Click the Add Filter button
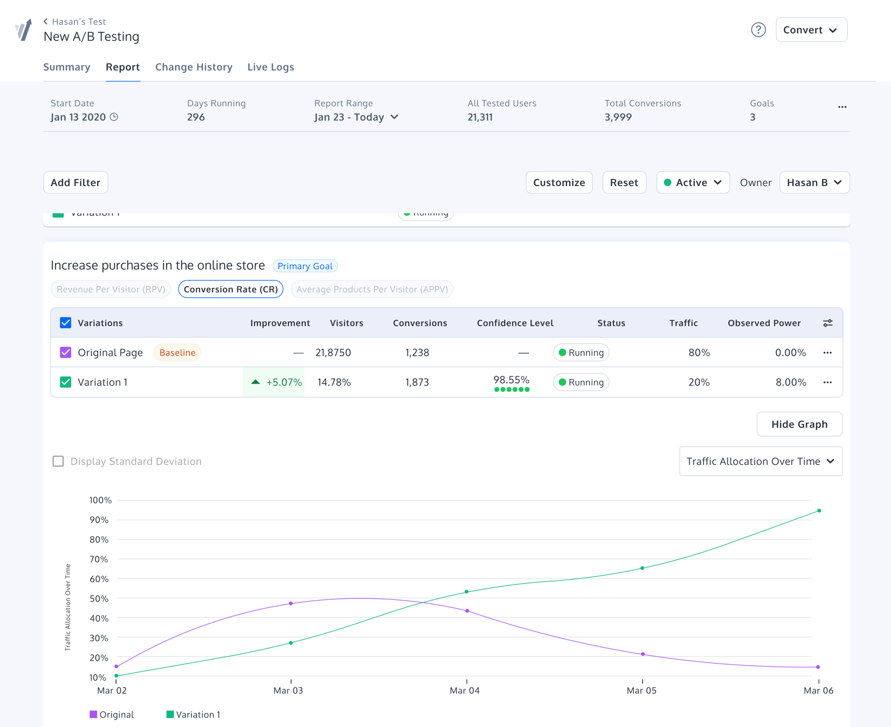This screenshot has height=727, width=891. pos(76,182)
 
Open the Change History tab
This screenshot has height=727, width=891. pos(194,67)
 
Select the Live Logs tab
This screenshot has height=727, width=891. pos(270,67)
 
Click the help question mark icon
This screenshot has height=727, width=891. pos(758,30)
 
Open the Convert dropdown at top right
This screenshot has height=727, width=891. pos(811,30)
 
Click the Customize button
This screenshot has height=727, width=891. pos(559,182)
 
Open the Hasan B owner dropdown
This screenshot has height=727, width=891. pos(814,182)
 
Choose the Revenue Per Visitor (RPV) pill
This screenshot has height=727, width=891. pos(111,289)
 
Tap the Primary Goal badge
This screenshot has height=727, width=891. pos(305,266)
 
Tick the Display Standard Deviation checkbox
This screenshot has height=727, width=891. pos(58,461)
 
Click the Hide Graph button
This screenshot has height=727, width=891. pos(799,424)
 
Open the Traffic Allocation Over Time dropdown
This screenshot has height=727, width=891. pos(760,461)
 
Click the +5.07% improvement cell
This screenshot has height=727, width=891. pos(274,382)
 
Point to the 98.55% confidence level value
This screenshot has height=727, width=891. pos(511,380)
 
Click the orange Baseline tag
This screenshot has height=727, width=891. pos(177,353)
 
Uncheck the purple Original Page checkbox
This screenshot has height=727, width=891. pos(65,353)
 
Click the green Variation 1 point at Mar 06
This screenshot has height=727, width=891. pos(819,511)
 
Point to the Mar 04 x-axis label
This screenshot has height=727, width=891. pos(464,690)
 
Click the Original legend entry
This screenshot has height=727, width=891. pos(112,715)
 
